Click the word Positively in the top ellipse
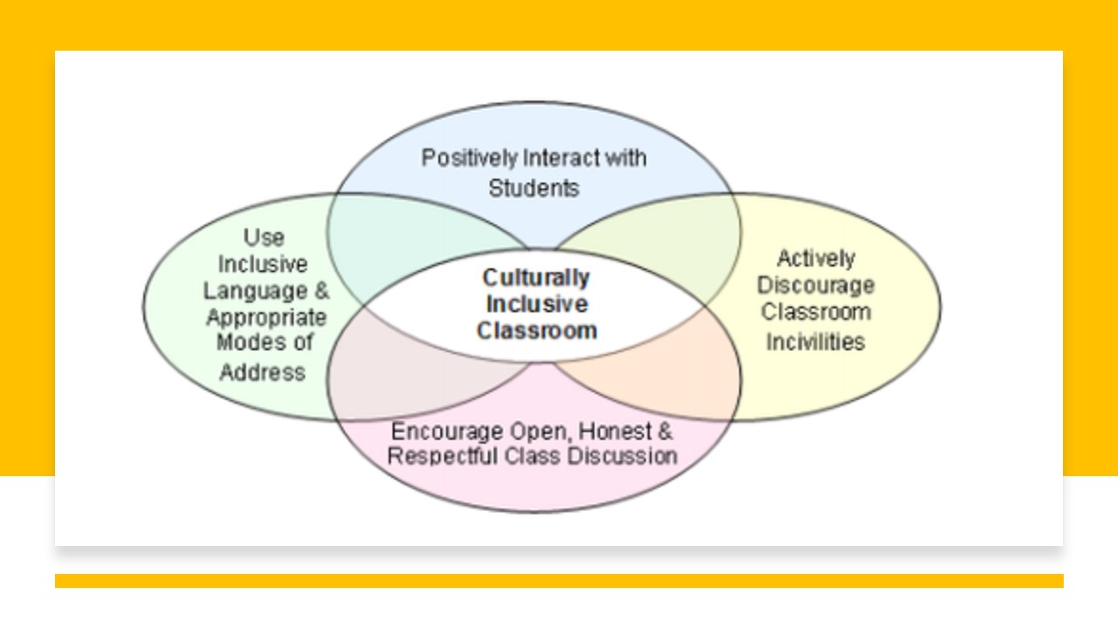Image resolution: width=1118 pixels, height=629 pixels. pos(469,159)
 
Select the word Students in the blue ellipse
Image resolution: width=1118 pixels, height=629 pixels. pos(534,188)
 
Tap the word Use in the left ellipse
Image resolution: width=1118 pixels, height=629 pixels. pos(263,238)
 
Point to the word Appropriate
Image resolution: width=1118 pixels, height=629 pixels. pos(266,317)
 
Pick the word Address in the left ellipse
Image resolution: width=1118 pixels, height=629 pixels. pos(262,372)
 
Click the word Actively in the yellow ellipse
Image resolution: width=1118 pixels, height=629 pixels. pos(816,259)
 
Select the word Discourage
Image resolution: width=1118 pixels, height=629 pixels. pos(816,286)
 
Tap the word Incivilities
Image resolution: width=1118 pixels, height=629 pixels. pos(816,341)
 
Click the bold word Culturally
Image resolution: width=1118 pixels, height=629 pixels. pos(536,278)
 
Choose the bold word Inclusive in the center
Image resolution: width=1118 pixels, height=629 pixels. pos(536,304)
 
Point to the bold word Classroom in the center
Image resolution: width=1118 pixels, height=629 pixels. pos(536,331)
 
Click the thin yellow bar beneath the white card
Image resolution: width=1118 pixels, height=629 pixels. pos(559,581)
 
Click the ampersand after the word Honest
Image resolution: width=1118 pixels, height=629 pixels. pos(665,432)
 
